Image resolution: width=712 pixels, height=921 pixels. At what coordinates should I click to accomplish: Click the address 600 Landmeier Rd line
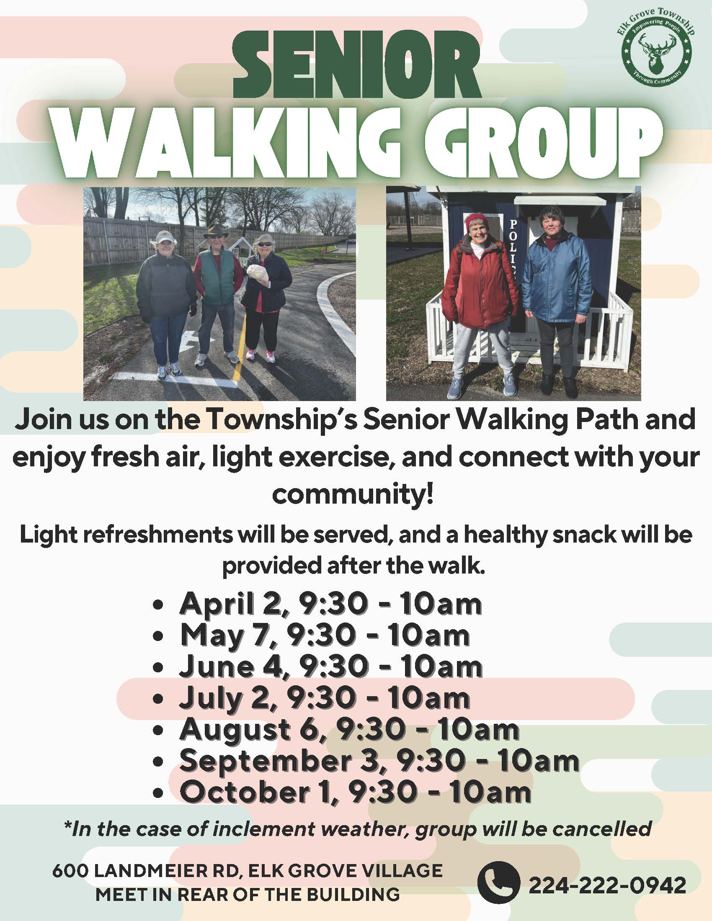click(248, 870)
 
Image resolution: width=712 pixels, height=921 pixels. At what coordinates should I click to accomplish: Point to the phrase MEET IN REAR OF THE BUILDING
click(248, 894)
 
